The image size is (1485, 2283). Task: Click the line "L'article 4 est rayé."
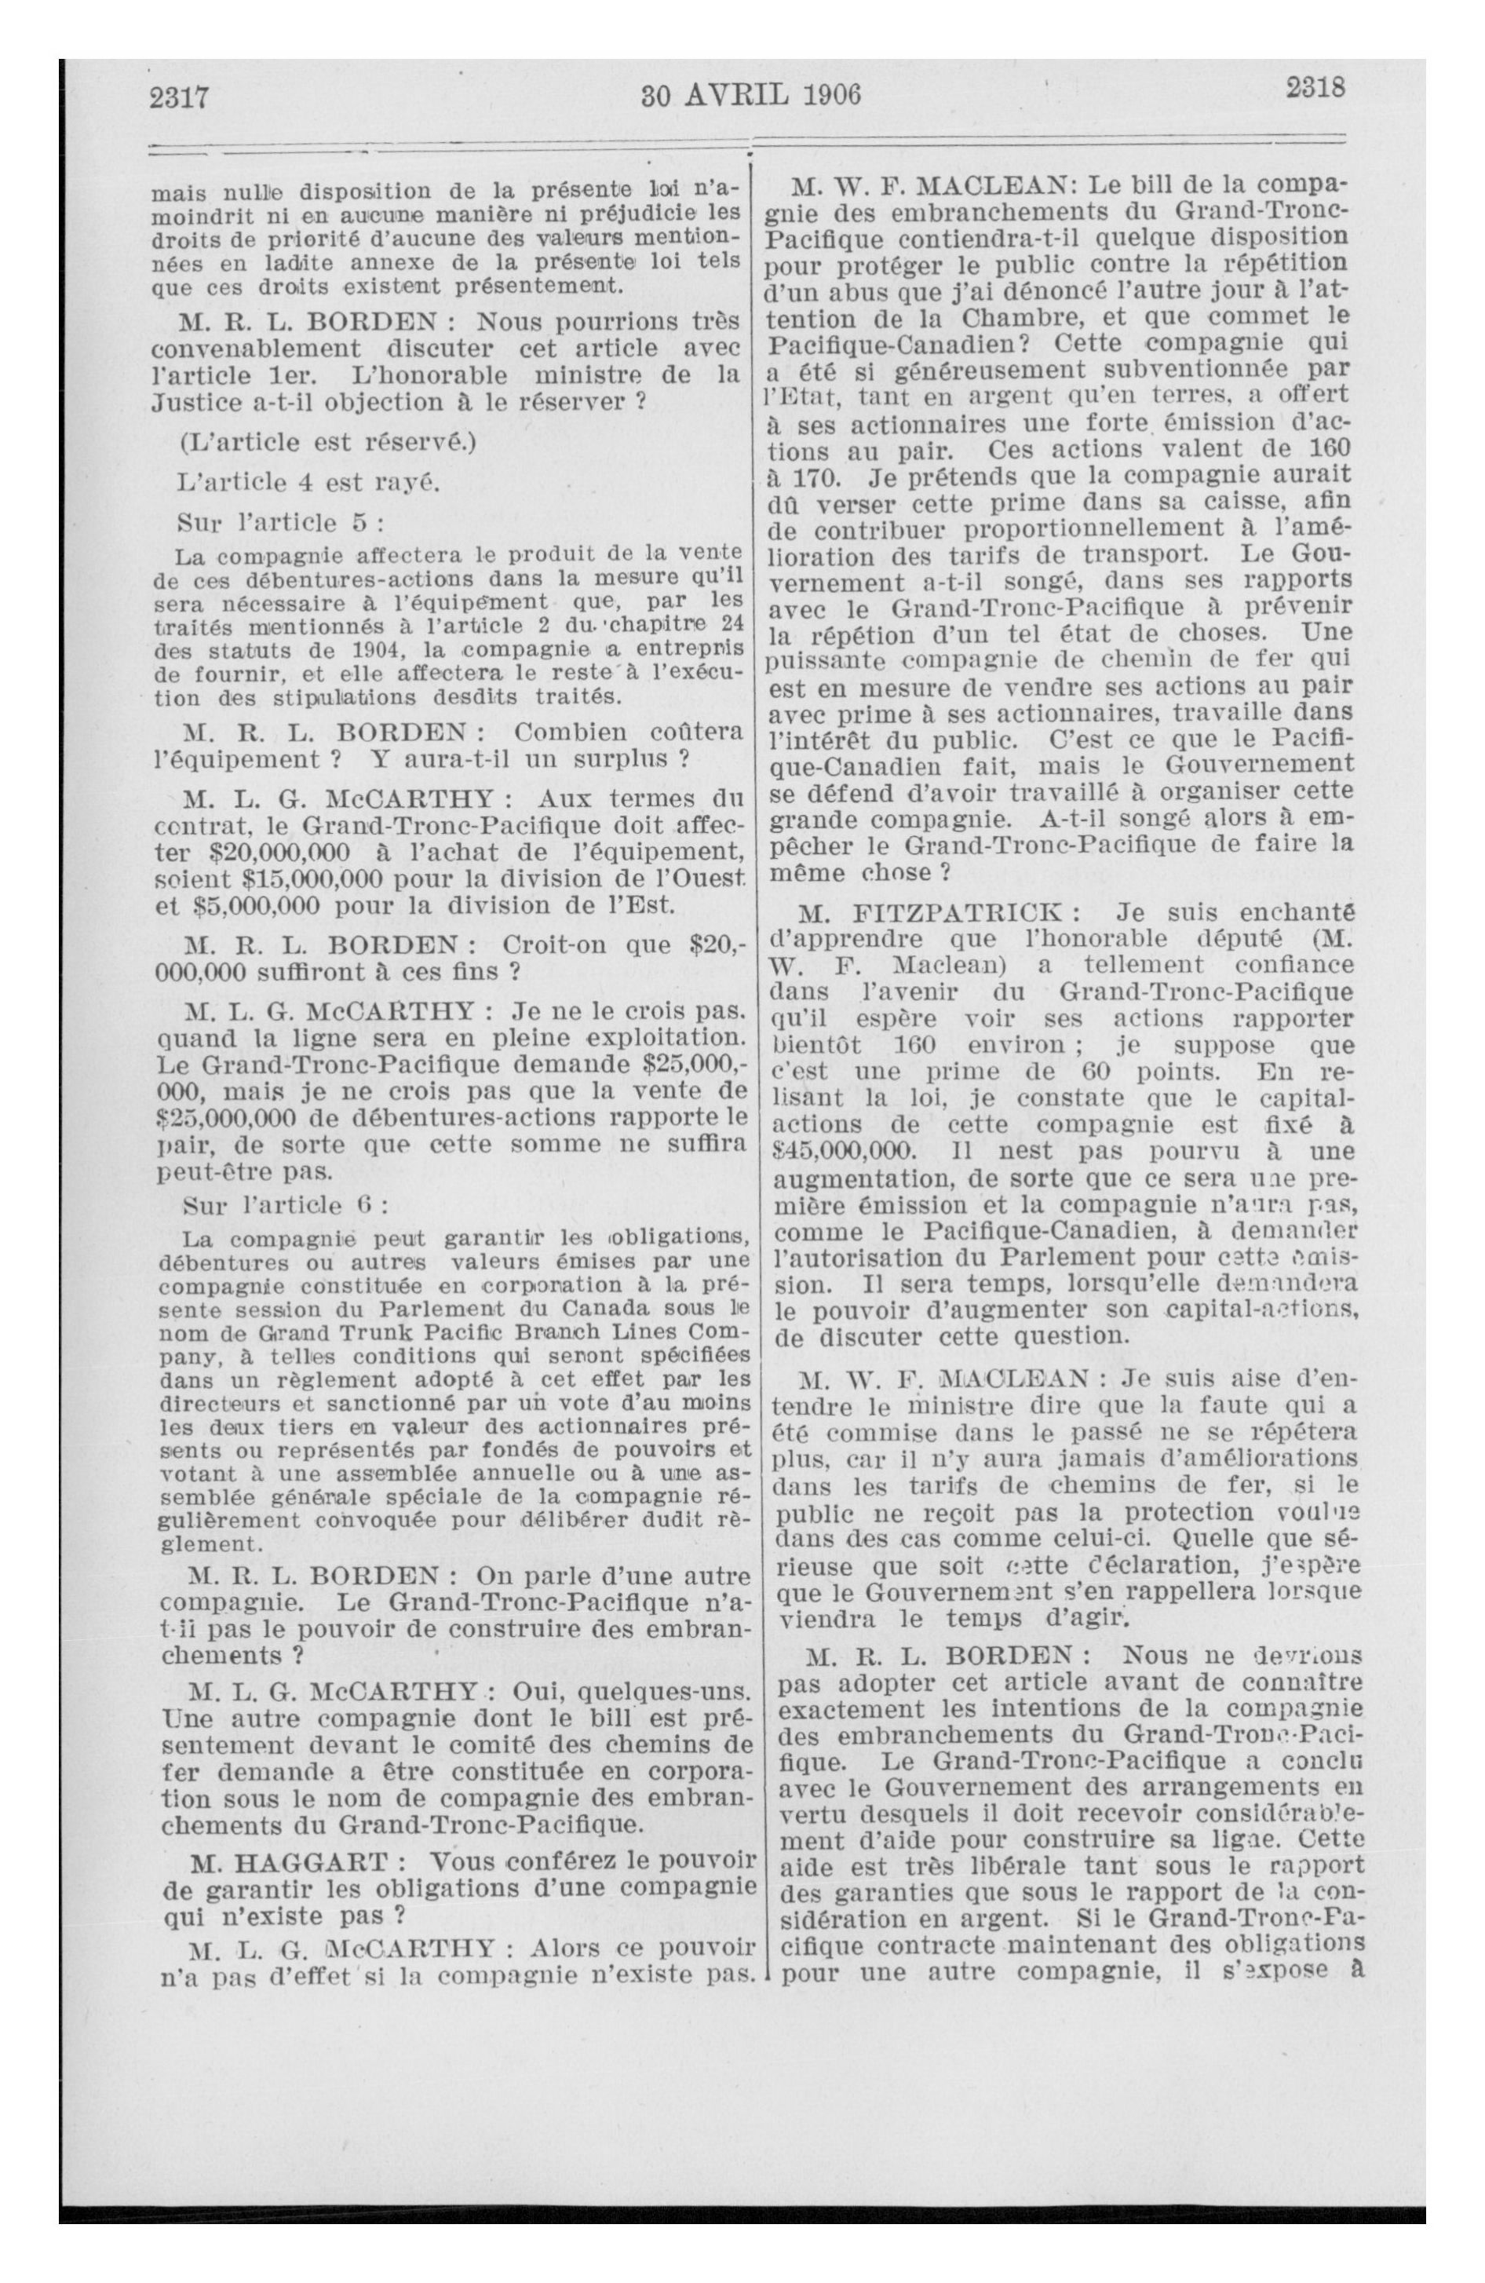309,483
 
